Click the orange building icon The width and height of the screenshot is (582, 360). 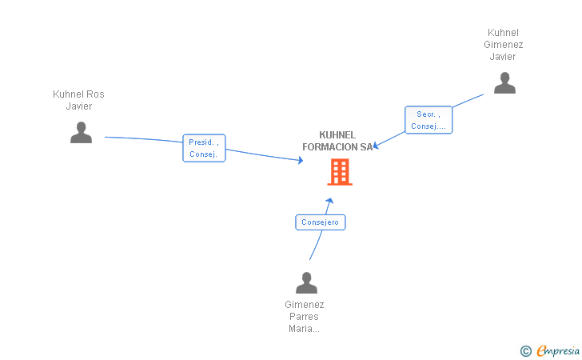[340, 172]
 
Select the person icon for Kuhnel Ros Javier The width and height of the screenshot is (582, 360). [81, 132]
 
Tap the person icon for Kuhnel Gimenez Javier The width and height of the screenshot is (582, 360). [504, 83]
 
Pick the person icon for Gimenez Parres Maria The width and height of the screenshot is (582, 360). [306, 283]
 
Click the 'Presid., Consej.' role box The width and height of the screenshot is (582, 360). [204, 148]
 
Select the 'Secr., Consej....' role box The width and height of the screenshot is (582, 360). [429, 120]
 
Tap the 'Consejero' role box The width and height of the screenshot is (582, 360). [321, 222]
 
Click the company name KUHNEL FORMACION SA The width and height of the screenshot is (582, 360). [337, 141]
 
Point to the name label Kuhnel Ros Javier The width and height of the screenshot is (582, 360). [78, 100]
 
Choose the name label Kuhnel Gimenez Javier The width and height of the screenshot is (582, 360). [504, 45]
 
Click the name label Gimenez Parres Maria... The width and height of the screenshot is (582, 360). [305, 316]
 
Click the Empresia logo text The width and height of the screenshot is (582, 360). [558, 350]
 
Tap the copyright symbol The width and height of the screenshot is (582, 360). [525, 350]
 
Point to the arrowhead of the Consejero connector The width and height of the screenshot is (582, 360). [329, 201]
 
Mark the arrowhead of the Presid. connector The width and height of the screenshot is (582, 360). [301, 160]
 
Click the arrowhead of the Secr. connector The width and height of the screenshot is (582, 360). [376, 146]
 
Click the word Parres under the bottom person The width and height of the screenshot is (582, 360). [305, 316]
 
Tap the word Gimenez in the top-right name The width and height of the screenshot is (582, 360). [504, 45]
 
